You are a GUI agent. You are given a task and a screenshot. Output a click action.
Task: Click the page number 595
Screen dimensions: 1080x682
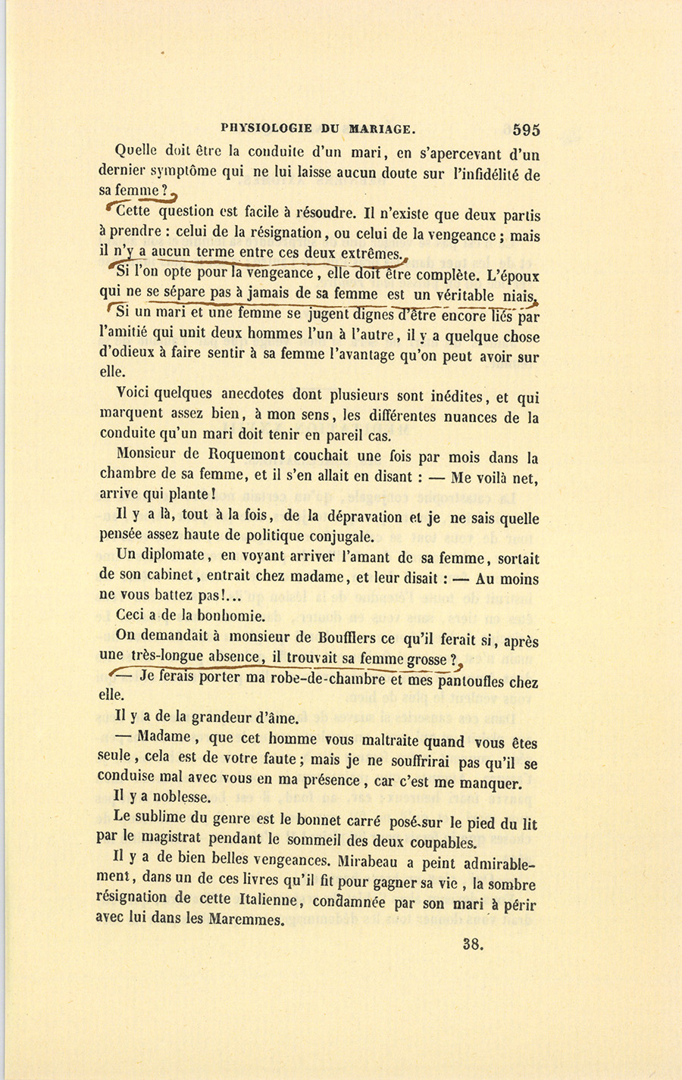pyautogui.click(x=526, y=129)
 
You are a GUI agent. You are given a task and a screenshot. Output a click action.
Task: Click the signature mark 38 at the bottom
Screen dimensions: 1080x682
pyautogui.click(x=471, y=944)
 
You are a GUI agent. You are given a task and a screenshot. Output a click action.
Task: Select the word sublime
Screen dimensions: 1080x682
pyautogui.click(x=161, y=818)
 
